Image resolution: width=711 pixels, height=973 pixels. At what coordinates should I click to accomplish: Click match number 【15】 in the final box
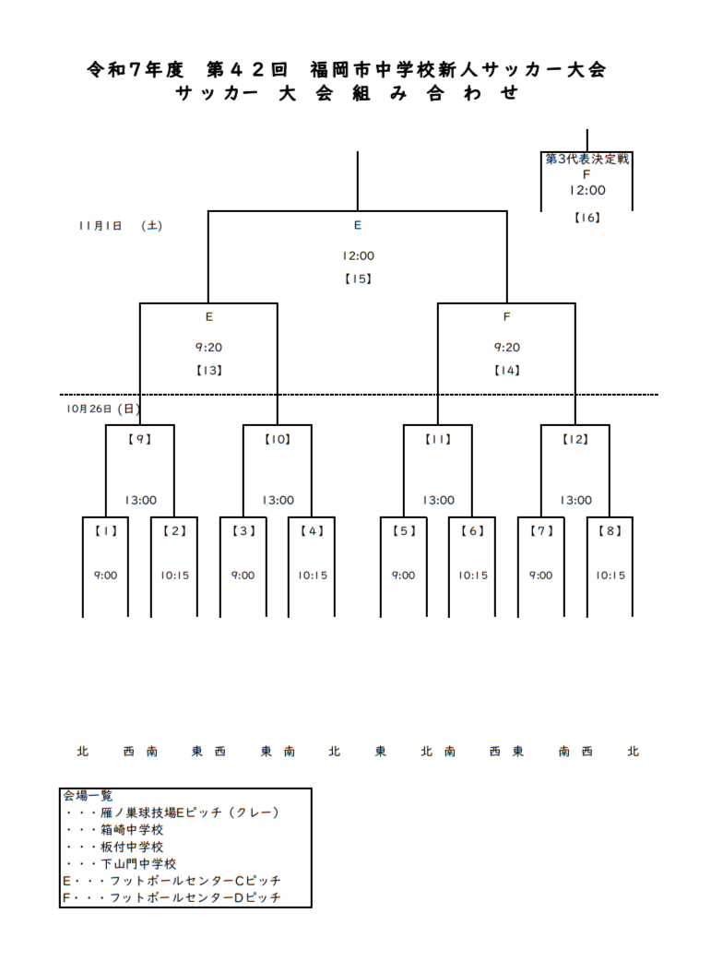[357, 279]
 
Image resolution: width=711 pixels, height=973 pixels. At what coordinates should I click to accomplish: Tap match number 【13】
[209, 370]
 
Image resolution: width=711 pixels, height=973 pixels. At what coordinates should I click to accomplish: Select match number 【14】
[506, 370]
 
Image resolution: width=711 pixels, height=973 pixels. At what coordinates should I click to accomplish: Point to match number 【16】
[587, 218]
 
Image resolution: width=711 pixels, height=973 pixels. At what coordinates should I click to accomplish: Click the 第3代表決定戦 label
[587, 159]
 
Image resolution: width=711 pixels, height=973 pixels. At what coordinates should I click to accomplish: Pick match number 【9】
[139, 439]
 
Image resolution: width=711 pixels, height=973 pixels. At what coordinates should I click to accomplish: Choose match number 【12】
[575, 439]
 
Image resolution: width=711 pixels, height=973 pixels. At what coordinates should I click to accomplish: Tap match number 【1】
[106, 530]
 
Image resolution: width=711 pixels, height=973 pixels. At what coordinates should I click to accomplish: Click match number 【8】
[610, 530]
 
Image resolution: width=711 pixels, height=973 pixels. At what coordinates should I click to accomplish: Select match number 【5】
[403, 530]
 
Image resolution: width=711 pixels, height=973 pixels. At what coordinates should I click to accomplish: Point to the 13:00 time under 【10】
[278, 500]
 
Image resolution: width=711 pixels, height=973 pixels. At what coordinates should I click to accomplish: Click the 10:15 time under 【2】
[174, 575]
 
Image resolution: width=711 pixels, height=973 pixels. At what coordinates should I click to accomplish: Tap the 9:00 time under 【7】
[540, 575]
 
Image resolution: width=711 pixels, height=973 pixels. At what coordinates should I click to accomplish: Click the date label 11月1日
[100, 225]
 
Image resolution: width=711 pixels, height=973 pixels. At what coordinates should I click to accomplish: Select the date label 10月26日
[89, 408]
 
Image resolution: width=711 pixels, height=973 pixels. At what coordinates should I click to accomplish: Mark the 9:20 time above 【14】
[506, 347]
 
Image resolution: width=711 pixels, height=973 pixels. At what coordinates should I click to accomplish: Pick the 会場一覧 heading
[88, 795]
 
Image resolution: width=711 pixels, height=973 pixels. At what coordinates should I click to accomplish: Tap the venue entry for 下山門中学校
[138, 863]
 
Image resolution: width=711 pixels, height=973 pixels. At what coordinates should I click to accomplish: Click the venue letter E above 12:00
[357, 225]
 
